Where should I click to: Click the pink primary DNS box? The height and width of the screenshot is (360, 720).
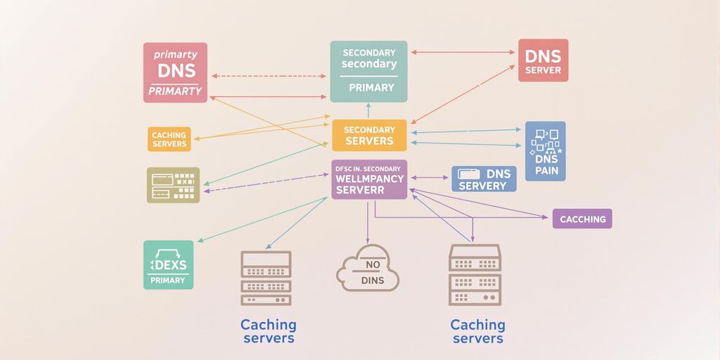click(x=175, y=72)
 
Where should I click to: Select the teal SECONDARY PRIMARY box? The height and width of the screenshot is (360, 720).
click(x=368, y=71)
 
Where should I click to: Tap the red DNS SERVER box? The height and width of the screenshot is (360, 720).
click(x=543, y=60)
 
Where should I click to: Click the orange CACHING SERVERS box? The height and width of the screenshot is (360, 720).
click(x=169, y=139)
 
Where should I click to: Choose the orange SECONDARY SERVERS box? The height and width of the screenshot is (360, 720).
click(x=369, y=135)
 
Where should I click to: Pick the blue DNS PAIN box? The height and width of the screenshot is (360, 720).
click(x=545, y=150)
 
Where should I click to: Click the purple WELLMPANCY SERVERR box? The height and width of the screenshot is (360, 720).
click(x=369, y=179)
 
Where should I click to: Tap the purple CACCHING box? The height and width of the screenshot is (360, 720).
click(x=582, y=219)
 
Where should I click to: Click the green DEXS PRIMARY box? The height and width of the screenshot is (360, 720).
click(x=168, y=265)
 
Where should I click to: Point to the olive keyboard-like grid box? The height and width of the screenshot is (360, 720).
click(x=173, y=185)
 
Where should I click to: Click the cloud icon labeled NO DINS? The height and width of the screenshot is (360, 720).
click(x=368, y=269)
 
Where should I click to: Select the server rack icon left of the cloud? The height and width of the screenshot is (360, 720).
click(x=266, y=278)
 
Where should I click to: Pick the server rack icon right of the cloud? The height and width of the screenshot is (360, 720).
click(x=475, y=275)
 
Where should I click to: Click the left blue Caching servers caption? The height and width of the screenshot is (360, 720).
click(x=268, y=331)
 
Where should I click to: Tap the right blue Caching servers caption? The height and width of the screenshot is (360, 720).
click(x=477, y=331)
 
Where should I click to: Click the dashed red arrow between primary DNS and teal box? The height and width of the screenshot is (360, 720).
click(x=269, y=75)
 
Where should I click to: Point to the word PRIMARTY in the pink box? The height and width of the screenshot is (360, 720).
click(x=175, y=91)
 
